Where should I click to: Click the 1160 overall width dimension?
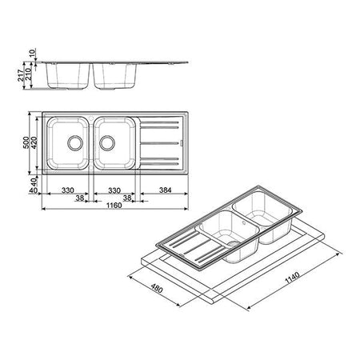coord(114,206)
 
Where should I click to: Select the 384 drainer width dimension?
coord(166,190)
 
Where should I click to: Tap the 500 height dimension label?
coord(26,142)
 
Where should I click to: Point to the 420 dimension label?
coord(34,142)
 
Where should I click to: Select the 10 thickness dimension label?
coord(32,53)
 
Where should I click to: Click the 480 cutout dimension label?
coord(157,288)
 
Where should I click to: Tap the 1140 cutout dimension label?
coord(293,278)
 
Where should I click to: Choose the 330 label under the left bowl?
coord(68,190)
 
